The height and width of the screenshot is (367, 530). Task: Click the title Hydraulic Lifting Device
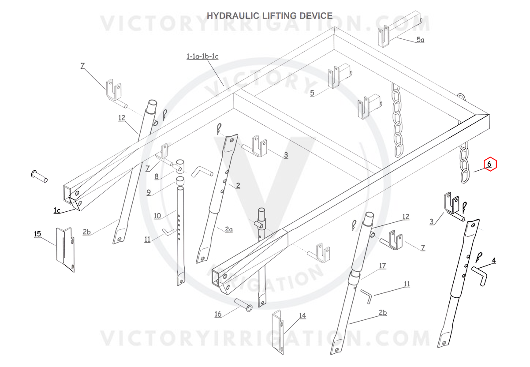click(269, 16)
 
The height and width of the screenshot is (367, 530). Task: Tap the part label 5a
click(420, 40)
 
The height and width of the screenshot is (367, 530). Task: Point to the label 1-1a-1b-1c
click(202, 56)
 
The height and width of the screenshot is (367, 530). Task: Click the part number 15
click(37, 233)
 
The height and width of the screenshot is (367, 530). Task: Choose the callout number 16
click(218, 314)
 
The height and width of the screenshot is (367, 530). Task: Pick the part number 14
click(302, 316)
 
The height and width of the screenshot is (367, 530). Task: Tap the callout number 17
click(382, 266)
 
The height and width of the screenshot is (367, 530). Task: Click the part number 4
click(493, 261)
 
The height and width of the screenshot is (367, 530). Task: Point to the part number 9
click(149, 192)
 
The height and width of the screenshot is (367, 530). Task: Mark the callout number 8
click(156, 177)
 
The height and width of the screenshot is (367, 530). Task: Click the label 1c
click(57, 210)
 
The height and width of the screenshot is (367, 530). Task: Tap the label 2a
click(228, 229)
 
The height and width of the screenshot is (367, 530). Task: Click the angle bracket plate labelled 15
click(64, 250)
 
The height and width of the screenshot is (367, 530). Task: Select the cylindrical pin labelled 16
click(243, 304)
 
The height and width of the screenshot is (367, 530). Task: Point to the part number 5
click(312, 93)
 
